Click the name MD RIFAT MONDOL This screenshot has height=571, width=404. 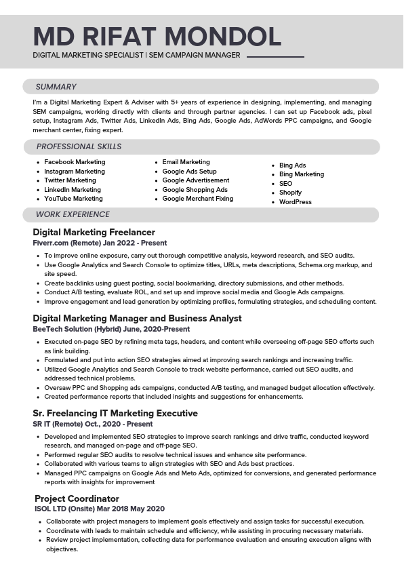pos(157,35)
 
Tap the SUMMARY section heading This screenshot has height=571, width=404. pos(56,87)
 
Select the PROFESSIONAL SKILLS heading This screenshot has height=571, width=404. pos(79,146)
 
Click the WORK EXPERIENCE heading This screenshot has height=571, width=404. pos(73,214)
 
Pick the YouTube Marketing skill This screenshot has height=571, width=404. pos(73,199)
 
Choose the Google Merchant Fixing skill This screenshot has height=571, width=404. pos(197,199)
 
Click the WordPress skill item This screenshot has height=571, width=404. pos(295,202)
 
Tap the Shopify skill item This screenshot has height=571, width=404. pos(290,193)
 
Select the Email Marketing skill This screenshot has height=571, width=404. pos(186,162)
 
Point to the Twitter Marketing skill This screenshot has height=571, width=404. pos(70,180)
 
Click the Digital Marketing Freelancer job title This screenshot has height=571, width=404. pos(94,232)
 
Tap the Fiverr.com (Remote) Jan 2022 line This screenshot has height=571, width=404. pos(100,243)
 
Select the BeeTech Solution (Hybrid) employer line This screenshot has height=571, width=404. pos(111,329)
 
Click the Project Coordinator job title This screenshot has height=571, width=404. pos(77,498)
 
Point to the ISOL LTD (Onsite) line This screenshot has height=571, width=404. pos(100,509)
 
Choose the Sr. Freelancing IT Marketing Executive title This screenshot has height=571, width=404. pos(115,413)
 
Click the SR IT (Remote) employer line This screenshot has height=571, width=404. pos(93,424)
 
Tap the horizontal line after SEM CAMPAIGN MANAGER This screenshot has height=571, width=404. pos(275,56)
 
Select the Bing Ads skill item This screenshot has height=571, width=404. pos(292,165)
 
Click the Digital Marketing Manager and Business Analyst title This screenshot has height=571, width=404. pos(137,318)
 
